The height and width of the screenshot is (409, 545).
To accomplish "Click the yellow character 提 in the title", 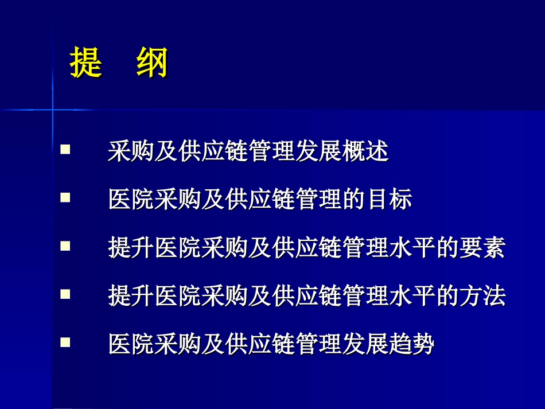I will pyautogui.click(x=86, y=63).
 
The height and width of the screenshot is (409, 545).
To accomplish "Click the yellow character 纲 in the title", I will pyautogui.click(x=152, y=63).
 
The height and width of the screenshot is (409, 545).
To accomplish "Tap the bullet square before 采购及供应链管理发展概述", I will pyautogui.click(x=65, y=150).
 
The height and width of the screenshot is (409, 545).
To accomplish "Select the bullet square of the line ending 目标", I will pyautogui.click(x=65, y=198).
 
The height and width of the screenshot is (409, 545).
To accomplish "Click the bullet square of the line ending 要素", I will pyautogui.click(x=65, y=247).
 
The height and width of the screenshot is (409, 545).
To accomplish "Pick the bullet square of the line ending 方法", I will pyautogui.click(x=65, y=295).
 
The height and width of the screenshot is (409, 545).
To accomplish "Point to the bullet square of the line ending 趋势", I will pyautogui.click(x=65, y=343).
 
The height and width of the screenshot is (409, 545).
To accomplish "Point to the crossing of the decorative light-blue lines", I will pyautogui.click(x=53, y=108).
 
